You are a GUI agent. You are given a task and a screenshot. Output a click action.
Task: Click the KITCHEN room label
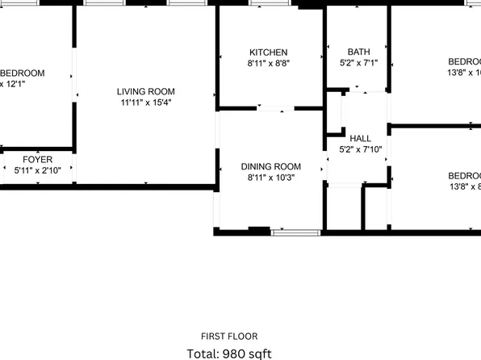click(x=268, y=52)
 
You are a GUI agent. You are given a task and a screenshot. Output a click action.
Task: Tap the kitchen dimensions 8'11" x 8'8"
click(x=268, y=63)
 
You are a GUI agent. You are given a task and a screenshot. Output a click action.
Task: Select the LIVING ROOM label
click(x=145, y=92)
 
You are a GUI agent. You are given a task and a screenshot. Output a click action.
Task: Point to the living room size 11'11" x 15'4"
click(x=145, y=103)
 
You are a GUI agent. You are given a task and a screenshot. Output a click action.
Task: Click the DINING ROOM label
click(x=270, y=167)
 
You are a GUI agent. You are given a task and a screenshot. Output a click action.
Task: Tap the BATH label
click(x=358, y=52)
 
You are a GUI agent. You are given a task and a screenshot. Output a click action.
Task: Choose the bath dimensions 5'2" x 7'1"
click(x=358, y=63)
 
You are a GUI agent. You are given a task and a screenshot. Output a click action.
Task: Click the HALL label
click(x=360, y=139)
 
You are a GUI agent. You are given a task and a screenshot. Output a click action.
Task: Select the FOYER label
click(x=37, y=160)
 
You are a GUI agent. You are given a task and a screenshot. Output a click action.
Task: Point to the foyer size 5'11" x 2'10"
click(x=37, y=170)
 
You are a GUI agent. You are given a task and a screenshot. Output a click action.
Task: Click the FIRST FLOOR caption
click(x=229, y=337)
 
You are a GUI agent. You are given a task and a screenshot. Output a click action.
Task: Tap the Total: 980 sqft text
click(x=229, y=354)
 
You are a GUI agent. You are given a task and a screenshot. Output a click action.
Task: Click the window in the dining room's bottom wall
click(x=295, y=232)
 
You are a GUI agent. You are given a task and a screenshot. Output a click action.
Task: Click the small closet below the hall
click(x=345, y=208)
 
